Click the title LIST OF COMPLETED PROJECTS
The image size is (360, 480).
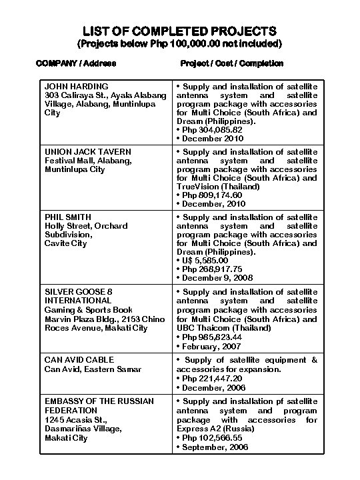tap(180, 31)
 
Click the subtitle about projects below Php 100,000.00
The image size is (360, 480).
tap(180, 44)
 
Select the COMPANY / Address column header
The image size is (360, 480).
tap(76, 63)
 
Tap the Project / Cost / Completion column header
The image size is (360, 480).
tap(231, 63)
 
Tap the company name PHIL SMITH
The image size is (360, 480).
tap(68, 217)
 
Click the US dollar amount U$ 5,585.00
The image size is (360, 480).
tap(205, 261)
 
